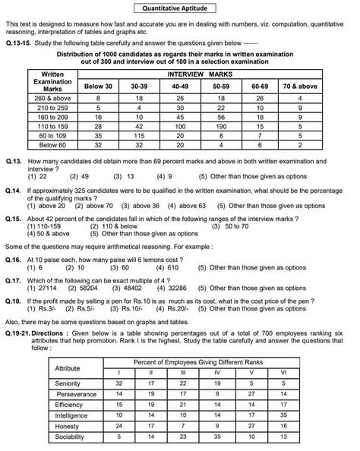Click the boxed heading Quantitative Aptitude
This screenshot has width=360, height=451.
pos(179,10)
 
